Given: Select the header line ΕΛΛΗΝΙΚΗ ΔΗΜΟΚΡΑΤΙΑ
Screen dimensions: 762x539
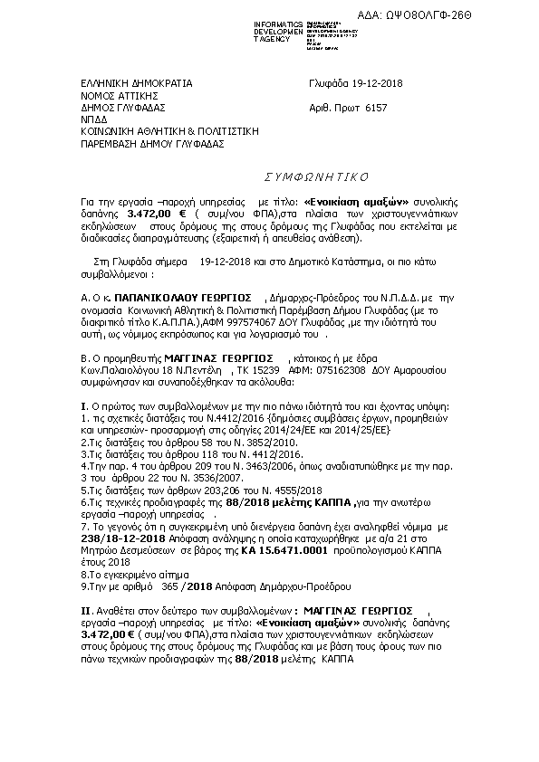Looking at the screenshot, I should [x=137, y=84].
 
